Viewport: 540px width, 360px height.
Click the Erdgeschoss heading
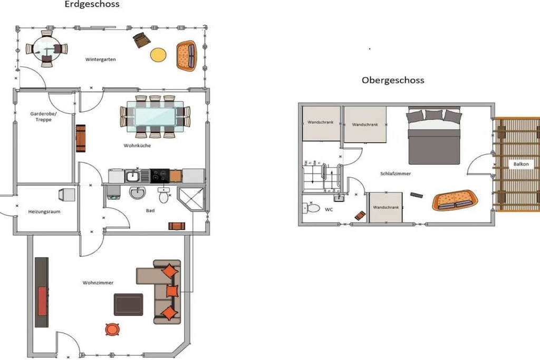tap(92, 4)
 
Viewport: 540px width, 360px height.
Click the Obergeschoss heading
tap(393, 80)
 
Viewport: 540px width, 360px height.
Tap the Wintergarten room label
tap(101, 60)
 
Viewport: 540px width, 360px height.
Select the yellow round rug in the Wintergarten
tap(158, 55)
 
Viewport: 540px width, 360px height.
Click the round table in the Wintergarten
tap(46, 49)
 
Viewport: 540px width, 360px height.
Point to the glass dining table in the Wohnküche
tap(155, 116)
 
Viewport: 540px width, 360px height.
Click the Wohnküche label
tap(137, 145)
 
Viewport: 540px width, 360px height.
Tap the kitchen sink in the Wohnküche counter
tap(132, 176)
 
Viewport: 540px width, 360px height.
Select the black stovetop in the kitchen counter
tap(159, 176)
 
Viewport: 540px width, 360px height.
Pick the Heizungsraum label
tap(44, 212)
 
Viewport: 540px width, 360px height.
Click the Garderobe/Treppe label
tap(43, 116)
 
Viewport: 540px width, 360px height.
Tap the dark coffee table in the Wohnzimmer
tap(129, 305)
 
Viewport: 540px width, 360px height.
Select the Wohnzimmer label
tap(98, 283)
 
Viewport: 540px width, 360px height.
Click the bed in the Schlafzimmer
tap(433, 135)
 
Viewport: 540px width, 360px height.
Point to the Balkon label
tap(521, 164)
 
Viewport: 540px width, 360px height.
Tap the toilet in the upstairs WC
tap(311, 208)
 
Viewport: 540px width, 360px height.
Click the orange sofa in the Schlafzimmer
tap(455, 200)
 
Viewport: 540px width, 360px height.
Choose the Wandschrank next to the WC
tap(385, 207)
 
